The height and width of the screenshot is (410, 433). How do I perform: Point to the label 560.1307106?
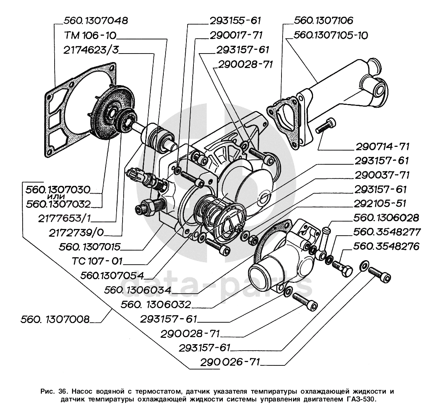tap(323, 20)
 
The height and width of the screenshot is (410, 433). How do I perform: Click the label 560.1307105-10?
tap(331, 35)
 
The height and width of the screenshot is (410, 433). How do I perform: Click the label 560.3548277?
tap(387, 232)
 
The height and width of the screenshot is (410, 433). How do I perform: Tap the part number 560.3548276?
tap(386, 246)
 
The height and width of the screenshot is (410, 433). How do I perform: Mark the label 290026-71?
tap(231, 362)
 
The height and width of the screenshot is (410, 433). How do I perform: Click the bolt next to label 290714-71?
tap(326, 126)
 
